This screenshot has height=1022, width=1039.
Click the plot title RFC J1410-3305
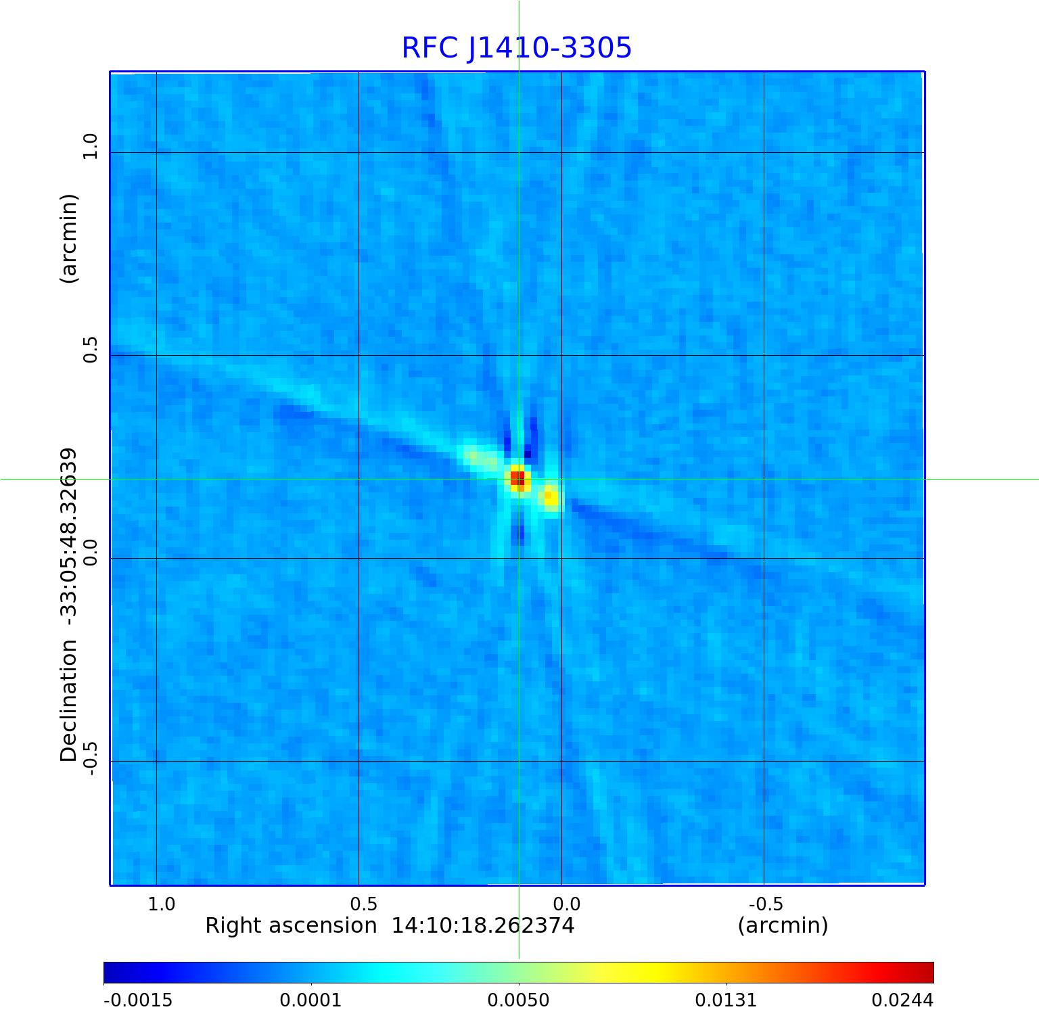click(x=517, y=49)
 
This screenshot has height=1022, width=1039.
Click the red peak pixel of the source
click(x=517, y=478)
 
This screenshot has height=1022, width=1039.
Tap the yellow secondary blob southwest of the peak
click(x=551, y=497)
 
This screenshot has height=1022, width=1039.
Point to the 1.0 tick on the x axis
click(x=162, y=904)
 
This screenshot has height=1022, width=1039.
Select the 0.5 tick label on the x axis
click(x=363, y=904)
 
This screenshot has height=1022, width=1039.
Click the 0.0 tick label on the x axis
click(x=566, y=904)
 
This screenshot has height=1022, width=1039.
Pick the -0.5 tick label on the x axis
click(x=766, y=904)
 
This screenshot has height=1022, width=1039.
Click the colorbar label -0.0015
click(x=138, y=1000)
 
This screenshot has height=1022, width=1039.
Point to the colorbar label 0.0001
click(x=312, y=1000)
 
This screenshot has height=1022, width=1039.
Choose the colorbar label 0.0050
click(x=519, y=1000)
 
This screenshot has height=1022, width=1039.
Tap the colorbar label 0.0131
click(x=726, y=1000)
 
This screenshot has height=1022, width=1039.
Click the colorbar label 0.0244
click(x=902, y=1000)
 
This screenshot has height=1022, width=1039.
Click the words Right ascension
click(x=291, y=926)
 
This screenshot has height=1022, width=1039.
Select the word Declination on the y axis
click(x=69, y=701)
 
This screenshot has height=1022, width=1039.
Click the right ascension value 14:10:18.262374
click(x=483, y=926)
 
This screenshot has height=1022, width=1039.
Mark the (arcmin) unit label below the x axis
click(x=783, y=926)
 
